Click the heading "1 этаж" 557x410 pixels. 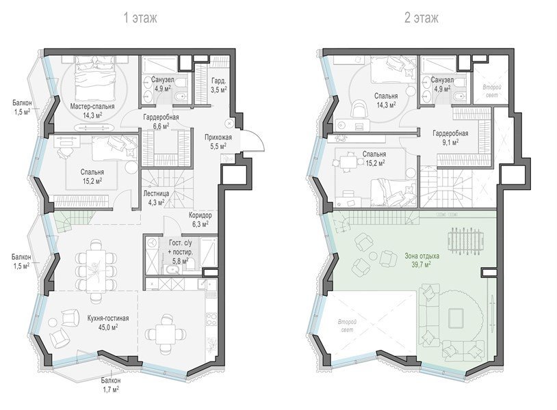tap(140, 18)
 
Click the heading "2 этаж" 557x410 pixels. tap(422, 18)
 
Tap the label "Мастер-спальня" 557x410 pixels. tap(92, 107)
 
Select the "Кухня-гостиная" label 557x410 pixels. tap(108, 318)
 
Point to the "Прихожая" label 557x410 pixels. tap(218, 137)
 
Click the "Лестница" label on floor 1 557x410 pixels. tap(156, 193)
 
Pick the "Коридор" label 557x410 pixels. tap(200, 215)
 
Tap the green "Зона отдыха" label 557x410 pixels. tap(422, 256)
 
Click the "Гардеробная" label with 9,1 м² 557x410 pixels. tap(450, 133)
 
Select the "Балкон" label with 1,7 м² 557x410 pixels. tap(110, 380)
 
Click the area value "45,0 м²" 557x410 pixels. tap(108, 327)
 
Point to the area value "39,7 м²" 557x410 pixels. tap(422, 264)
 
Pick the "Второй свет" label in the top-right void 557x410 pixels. tap(492, 91)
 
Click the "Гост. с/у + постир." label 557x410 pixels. tap(181, 247)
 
